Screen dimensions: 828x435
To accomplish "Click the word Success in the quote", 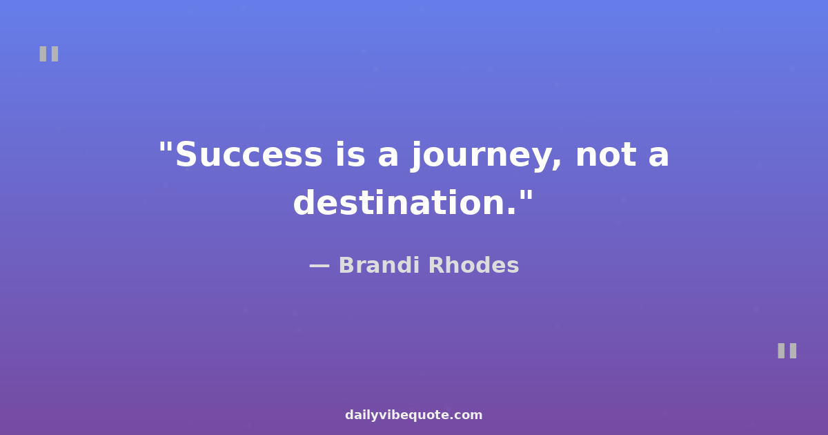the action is click(249, 155).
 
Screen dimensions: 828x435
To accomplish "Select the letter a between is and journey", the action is click(388, 157).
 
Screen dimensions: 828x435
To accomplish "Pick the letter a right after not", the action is click(659, 157).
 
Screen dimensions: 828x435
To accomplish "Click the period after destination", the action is click(511, 211).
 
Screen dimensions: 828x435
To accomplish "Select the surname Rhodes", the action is click(474, 265).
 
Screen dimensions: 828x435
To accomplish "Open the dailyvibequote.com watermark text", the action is click(413, 415).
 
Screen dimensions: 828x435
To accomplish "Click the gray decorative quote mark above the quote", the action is click(49, 54).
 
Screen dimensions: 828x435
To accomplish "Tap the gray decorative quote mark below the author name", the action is click(787, 351).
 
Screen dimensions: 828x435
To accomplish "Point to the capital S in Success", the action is click(186, 155).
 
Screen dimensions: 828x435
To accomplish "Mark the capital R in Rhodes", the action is click(437, 265).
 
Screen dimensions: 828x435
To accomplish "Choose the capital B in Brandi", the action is click(347, 265).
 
